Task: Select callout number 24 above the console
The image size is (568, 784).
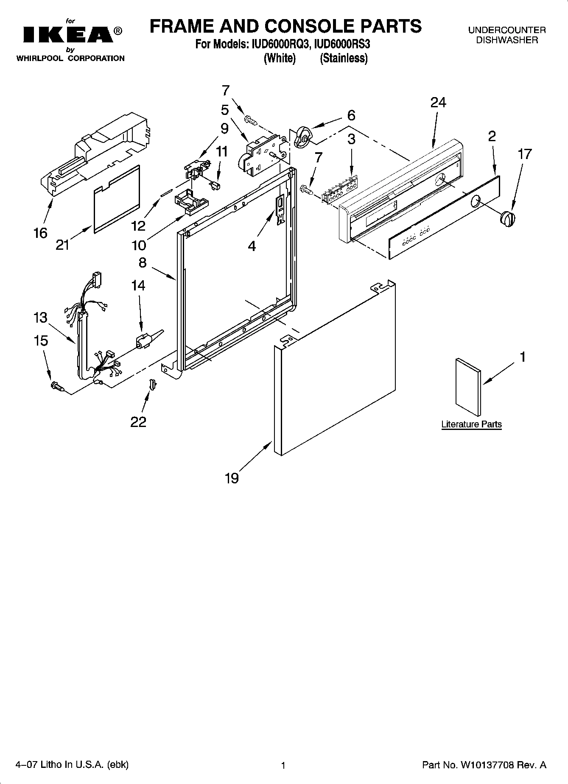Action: coord(438,103)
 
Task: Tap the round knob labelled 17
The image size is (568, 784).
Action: coord(507,219)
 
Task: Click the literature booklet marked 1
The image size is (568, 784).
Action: coord(468,386)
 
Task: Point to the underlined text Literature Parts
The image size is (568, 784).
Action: coord(471,424)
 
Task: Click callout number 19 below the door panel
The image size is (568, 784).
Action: coord(232,478)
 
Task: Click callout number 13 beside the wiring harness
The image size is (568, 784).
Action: coord(40,318)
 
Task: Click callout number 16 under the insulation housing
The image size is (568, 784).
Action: coord(40,233)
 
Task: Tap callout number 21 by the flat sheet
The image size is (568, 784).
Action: coord(62,245)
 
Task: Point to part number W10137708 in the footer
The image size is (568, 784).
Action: coord(486,765)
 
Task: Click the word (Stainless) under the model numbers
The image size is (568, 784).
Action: coord(344,59)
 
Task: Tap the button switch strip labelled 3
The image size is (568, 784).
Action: coord(339,190)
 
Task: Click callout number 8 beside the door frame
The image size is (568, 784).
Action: coord(143,262)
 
